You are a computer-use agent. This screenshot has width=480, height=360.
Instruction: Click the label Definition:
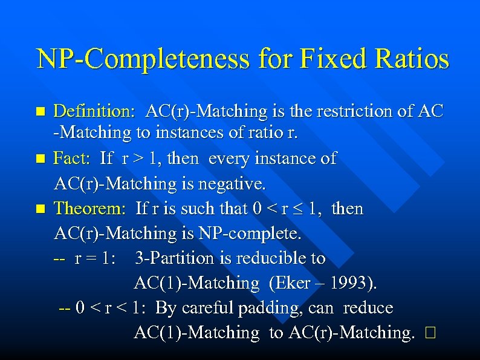click(x=94, y=111)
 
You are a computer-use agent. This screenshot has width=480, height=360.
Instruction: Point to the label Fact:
click(x=73, y=159)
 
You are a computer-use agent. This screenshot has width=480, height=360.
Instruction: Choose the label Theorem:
click(x=89, y=209)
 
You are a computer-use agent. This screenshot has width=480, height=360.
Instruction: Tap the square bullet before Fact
click(x=41, y=159)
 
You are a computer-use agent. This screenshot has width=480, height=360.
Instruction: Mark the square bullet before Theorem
click(x=41, y=209)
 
